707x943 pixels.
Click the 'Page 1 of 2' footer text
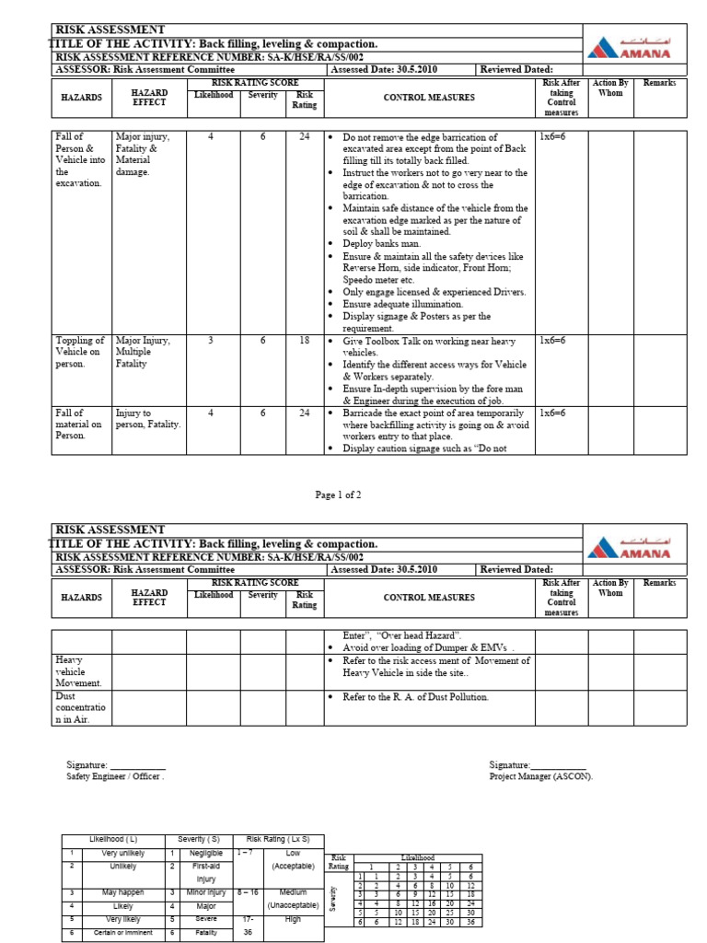pyautogui.click(x=339, y=495)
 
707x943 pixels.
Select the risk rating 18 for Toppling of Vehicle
pyautogui.click(x=304, y=341)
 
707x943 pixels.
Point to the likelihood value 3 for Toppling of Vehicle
pyautogui.click(x=211, y=341)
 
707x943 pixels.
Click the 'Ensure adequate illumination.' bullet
pyautogui.click(x=402, y=303)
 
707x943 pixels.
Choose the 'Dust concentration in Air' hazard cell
pyautogui.click(x=81, y=707)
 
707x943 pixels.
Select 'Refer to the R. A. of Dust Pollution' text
pyautogui.click(x=415, y=697)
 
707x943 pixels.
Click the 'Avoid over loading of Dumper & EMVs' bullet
pyautogui.click(x=428, y=647)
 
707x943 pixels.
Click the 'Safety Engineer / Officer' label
pyautogui.click(x=115, y=775)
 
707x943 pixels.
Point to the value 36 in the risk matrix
pyautogui.click(x=470, y=921)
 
